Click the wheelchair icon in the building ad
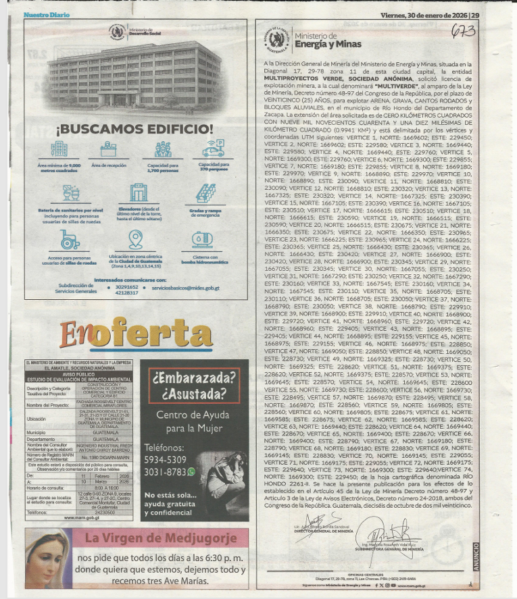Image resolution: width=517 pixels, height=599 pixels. pyautogui.click(x=70, y=239)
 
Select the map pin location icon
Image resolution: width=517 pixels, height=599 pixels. pyautogui.click(x=137, y=239)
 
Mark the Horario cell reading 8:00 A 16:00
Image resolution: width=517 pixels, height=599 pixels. pyautogui.click(x=107, y=486)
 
